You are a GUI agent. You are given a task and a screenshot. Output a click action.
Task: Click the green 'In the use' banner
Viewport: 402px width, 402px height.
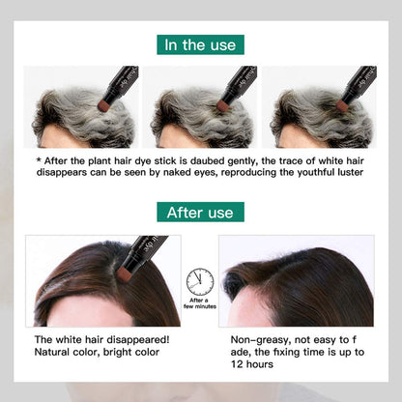[x=200, y=44]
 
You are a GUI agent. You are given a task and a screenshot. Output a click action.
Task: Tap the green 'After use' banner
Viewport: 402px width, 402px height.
[x=200, y=212]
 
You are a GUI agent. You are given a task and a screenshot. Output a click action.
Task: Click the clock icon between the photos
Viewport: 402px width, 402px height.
[x=200, y=281]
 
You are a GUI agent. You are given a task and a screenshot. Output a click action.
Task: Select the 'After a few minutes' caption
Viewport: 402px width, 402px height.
[x=200, y=305]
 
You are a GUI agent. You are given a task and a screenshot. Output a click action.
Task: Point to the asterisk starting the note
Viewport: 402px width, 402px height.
[x=38, y=160]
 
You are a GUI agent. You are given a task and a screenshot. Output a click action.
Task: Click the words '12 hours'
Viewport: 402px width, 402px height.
[x=253, y=367]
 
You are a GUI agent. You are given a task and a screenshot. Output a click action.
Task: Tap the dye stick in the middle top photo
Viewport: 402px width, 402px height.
[x=238, y=87]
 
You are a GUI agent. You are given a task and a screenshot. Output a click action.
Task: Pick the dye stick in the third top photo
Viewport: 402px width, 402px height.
[x=358, y=87]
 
